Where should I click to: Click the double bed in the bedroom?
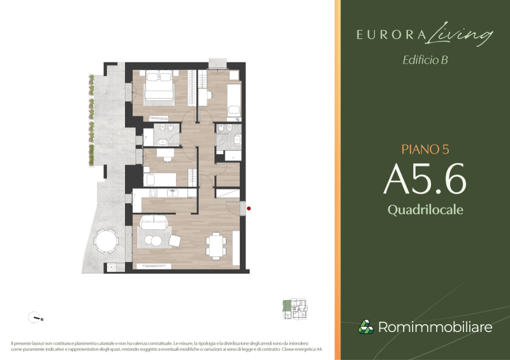click(159, 87)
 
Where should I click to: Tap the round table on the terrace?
click(106, 241)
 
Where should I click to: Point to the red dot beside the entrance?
click(249, 208)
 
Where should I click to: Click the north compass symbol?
click(34, 317)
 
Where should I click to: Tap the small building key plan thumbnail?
click(295, 309)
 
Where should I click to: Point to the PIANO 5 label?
click(425, 150)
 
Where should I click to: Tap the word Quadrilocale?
click(425, 209)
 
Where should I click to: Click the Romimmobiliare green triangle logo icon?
click(365, 327)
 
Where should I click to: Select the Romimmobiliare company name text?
click(435, 328)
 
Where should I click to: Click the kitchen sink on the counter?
click(171, 192)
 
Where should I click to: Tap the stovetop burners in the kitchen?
click(152, 192)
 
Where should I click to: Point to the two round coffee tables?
click(153, 240)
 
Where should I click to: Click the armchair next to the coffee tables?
click(175, 240)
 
